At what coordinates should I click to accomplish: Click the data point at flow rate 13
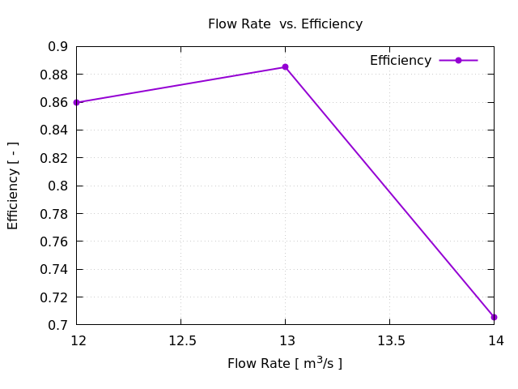point(285,67)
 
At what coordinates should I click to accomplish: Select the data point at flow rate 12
point(76,102)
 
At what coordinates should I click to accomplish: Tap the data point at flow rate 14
point(494,317)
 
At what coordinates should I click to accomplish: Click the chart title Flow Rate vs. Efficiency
point(285,24)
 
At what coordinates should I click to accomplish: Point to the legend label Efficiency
point(401,61)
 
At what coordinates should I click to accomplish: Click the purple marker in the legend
point(458,61)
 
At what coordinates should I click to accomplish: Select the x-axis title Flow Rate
point(285,363)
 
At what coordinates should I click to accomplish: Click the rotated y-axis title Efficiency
point(13,186)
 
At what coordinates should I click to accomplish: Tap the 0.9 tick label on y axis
point(57,47)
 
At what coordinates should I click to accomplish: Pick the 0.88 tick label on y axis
point(54,75)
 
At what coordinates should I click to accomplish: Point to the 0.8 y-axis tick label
point(57,186)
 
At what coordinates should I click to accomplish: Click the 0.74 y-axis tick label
point(54,269)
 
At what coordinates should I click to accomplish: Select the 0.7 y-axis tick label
point(57,325)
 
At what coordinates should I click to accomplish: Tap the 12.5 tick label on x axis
point(180,341)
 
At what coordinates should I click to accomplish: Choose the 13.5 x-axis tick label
point(389,341)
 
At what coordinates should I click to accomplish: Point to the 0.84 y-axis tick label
point(54,130)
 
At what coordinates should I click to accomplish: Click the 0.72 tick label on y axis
point(54,297)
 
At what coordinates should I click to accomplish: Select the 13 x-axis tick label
point(285,341)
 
